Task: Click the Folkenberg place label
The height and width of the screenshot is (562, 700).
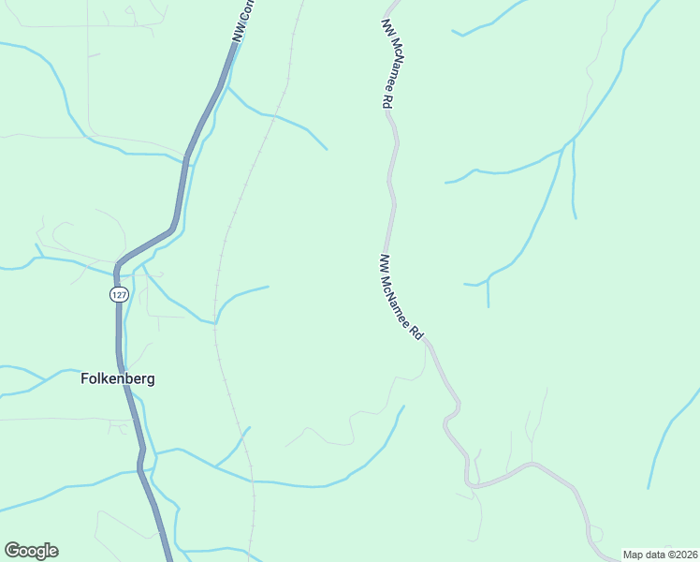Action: click(x=116, y=379)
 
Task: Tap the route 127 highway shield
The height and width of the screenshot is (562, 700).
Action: click(x=118, y=294)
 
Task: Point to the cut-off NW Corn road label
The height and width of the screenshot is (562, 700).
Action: click(x=244, y=21)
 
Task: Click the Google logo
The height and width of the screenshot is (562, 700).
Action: click(x=31, y=551)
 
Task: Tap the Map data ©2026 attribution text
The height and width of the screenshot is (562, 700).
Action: click(x=661, y=555)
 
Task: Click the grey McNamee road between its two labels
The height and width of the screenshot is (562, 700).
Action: click(x=391, y=187)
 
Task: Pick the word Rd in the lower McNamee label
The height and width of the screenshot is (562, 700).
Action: click(x=419, y=333)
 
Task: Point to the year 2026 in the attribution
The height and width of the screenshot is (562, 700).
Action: click(x=686, y=555)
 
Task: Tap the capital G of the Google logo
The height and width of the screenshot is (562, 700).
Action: click(x=12, y=551)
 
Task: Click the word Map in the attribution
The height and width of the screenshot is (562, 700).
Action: click(x=633, y=555)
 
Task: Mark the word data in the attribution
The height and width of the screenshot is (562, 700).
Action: click(x=654, y=555)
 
